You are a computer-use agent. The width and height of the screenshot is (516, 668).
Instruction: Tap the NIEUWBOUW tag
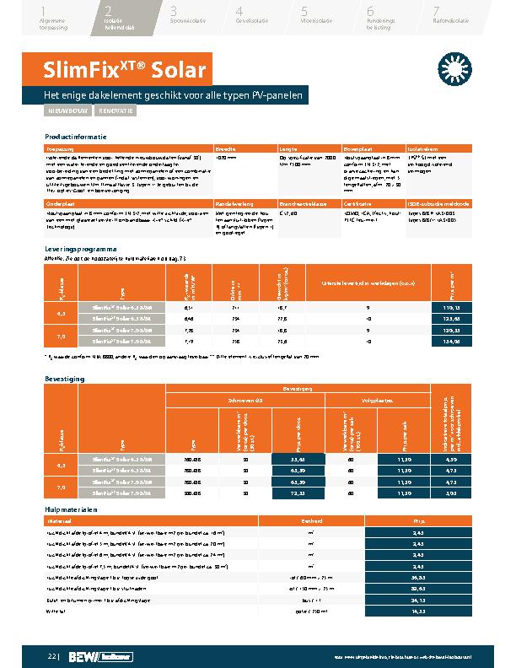point(66,110)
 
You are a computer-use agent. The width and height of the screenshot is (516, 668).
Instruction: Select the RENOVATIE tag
point(116,110)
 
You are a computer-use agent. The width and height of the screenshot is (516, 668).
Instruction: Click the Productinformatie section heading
point(76,136)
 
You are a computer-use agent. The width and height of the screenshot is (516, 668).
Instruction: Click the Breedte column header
point(225,148)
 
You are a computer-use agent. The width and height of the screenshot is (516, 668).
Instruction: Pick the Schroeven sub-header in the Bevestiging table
point(245,401)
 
